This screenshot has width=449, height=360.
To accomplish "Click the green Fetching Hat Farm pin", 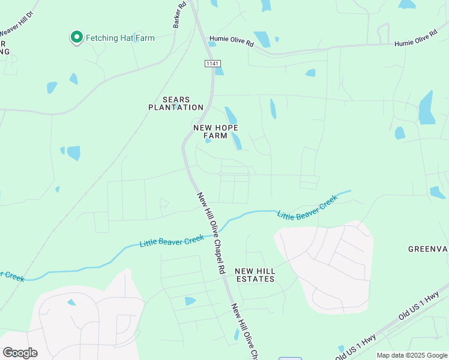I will [77, 38].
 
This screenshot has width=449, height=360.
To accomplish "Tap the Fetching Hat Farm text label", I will [120, 38].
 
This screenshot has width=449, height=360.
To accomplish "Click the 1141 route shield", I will [212, 64].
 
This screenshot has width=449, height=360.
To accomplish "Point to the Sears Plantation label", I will [176, 103].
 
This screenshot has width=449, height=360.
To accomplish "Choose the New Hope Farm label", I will [215, 131].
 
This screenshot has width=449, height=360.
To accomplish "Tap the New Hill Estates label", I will [255, 275].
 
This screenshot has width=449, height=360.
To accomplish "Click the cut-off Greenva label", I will [428, 248].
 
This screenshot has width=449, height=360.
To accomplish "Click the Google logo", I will [20, 353].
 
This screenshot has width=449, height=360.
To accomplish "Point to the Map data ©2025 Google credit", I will [411, 355].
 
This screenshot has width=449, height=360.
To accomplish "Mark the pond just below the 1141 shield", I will [219, 70].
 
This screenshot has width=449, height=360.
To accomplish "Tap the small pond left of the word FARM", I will [208, 141].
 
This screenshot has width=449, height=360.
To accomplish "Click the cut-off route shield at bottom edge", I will [290, 358].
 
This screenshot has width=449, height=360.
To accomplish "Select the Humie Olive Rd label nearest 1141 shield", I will [231, 43].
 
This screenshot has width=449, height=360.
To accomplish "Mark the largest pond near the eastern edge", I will [427, 109].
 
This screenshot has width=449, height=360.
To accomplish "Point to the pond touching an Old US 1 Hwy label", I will [341, 349].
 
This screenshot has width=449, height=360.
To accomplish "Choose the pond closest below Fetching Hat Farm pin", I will [73, 79].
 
